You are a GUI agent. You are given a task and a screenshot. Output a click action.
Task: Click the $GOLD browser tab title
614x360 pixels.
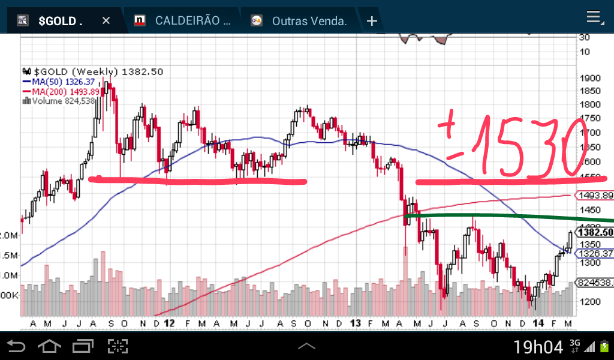pyautogui.click(x=60, y=21)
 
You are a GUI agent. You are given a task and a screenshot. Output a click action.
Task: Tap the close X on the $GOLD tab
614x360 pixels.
pyautogui.click(x=106, y=21)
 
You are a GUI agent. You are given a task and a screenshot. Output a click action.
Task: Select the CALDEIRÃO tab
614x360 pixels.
pyautogui.click(x=192, y=21)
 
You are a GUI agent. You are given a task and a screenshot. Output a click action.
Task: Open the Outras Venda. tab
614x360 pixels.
pyautogui.click(x=309, y=21)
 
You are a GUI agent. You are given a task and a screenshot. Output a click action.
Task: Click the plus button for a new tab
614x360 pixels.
pyautogui.click(x=372, y=21)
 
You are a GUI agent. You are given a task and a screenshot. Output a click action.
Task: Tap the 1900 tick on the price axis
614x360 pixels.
pyautogui.click(x=590, y=78)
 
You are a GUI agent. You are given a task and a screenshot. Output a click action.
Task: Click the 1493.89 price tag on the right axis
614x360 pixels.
pyautogui.click(x=594, y=195)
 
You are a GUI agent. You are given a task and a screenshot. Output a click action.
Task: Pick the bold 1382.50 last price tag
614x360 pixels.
pyautogui.click(x=594, y=232)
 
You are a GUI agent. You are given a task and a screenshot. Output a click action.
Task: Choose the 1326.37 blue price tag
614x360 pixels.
pyautogui.click(x=594, y=253)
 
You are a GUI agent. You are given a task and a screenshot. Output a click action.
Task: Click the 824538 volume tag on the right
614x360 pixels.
pyautogui.click(x=594, y=282)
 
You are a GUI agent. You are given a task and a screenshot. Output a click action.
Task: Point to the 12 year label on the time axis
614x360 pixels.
pyautogui.click(x=169, y=323)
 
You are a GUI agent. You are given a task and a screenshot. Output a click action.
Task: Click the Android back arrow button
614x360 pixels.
pyautogui.click(x=16, y=346)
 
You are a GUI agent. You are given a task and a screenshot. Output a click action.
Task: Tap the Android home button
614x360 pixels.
pyautogui.click(x=49, y=346)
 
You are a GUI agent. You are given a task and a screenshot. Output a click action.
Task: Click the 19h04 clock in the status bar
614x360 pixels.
pyautogui.click(x=538, y=347)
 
